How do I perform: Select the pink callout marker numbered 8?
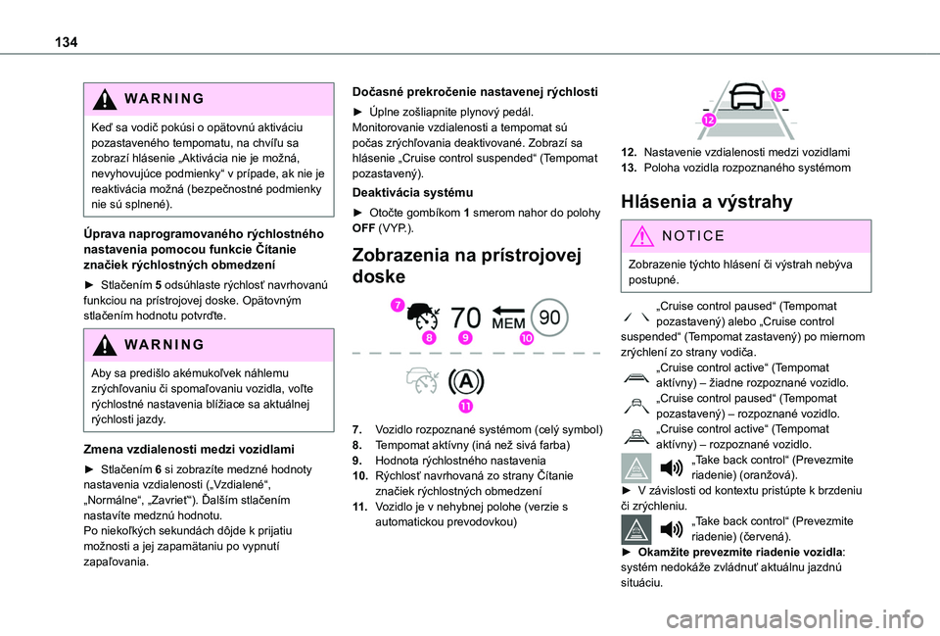tap(429, 337)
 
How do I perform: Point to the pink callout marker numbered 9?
tap(465, 337)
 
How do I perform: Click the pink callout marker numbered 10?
tap(525, 338)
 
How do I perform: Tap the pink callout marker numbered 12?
tap(708, 119)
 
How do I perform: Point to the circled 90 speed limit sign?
tap(550, 317)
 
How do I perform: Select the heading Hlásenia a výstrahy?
tap(698, 202)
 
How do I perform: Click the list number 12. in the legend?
tap(631, 152)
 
